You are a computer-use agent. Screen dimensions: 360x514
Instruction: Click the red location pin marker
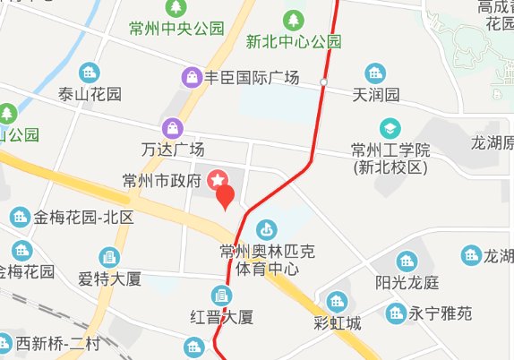click(x=225, y=196)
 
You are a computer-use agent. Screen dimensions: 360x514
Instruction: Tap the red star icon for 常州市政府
click(x=218, y=181)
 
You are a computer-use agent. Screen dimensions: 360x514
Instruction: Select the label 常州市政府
click(x=163, y=182)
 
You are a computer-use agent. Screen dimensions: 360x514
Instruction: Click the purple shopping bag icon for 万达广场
click(x=173, y=129)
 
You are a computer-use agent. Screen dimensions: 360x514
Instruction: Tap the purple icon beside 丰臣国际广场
click(x=192, y=77)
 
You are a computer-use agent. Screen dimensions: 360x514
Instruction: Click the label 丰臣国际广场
click(x=252, y=77)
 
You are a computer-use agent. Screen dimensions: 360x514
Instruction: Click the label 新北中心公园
click(x=294, y=41)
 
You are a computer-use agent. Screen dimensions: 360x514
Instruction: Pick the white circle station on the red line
click(x=324, y=82)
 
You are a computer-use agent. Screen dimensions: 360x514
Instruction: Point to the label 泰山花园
click(x=90, y=93)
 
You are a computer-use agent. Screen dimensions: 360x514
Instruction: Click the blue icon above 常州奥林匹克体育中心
click(x=265, y=229)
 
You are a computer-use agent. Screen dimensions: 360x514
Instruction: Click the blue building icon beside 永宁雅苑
click(x=395, y=313)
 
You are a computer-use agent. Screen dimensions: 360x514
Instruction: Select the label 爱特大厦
click(x=110, y=279)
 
